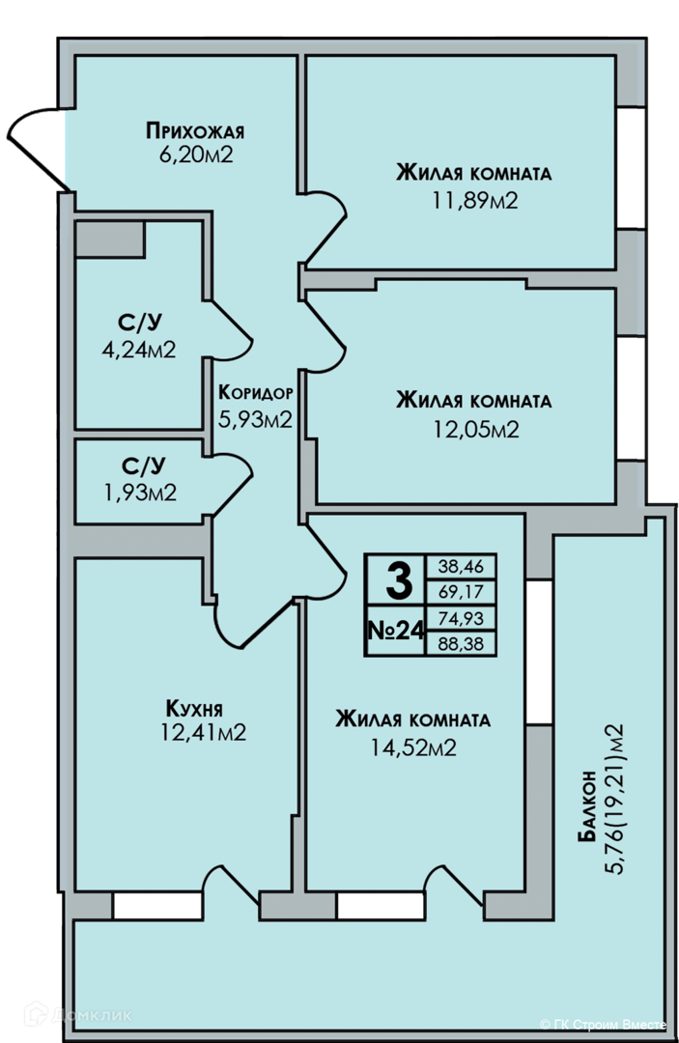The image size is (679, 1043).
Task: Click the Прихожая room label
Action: tap(195, 131)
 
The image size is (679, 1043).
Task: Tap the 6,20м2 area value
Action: tap(195, 155)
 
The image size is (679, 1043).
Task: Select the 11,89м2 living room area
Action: tap(475, 200)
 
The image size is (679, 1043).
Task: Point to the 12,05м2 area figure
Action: tap(476, 429)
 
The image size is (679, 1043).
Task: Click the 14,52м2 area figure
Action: tap(413, 748)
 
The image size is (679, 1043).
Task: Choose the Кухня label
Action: tap(194, 708)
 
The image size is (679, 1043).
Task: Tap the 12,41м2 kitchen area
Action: tap(204, 732)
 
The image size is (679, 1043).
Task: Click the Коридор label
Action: tap(256, 392)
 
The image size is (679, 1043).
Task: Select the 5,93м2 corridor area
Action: tap(256, 419)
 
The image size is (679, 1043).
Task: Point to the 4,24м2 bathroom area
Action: tap(139, 350)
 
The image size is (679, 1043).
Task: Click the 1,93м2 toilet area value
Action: tap(140, 493)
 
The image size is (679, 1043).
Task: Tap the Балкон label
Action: tap(586, 806)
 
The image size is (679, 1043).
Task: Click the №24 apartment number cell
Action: tap(396, 631)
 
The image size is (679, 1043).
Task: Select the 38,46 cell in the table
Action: tap(461, 567)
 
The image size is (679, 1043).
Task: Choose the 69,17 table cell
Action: tap(461, 592)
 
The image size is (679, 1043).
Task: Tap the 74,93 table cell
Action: tap(461, 618)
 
